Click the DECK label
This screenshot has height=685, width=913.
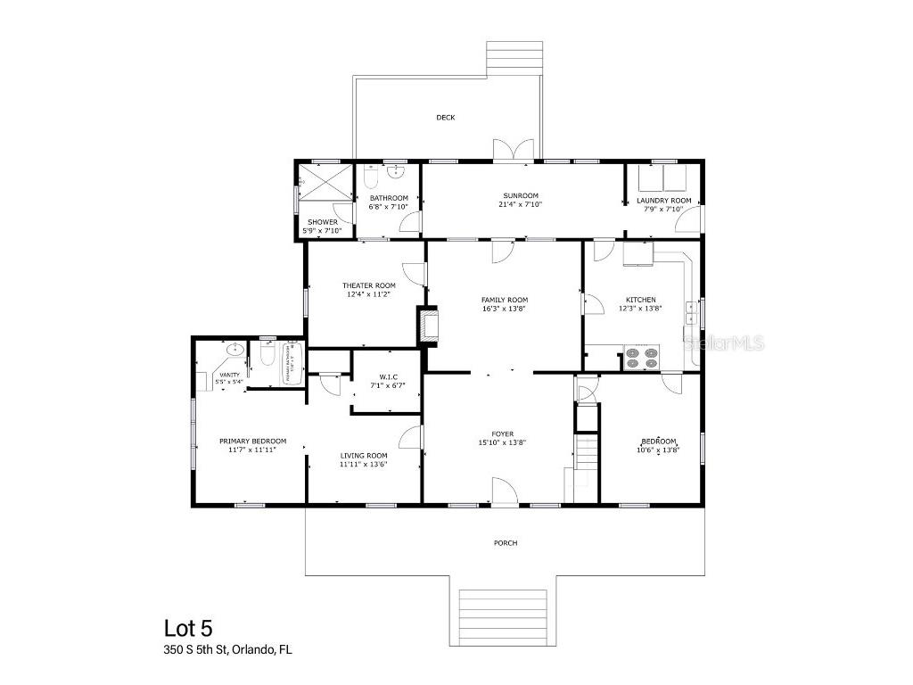point(446,117)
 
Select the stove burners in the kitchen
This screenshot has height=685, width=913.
point(640,357)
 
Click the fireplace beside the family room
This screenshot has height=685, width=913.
point(429,326)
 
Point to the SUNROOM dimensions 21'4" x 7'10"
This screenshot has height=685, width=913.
point(520,204)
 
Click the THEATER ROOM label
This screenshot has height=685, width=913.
point(368,285)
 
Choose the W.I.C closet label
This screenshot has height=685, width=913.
point(387,379)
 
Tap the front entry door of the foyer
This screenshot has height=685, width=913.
point(504,491)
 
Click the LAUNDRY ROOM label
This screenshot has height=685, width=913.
point(663,201)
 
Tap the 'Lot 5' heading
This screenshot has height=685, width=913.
point(188,629)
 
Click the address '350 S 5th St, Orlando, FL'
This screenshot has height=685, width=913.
point(227,650)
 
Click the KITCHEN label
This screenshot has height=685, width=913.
point(640,300)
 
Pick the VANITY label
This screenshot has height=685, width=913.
point(228,375)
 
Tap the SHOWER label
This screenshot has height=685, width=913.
point(322,222)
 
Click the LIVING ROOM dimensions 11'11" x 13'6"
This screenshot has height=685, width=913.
point(364,465)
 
